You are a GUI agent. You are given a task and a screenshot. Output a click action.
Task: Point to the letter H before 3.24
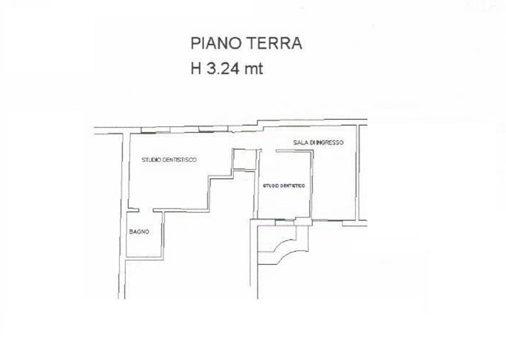(x=195, y=69)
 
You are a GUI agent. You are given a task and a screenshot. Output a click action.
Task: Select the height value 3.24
(x=222, y=69)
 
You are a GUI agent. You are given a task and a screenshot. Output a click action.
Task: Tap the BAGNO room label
(x=139, y=232)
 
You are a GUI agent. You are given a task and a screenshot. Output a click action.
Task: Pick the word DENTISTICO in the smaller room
(x=292, y=186)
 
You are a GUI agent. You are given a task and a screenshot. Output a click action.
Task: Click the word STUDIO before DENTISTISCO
(x=153, y=159)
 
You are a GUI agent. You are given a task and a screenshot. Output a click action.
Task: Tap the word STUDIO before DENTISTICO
(x=270, y=186)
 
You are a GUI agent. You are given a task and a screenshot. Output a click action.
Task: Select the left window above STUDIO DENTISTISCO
(x=148, y=131)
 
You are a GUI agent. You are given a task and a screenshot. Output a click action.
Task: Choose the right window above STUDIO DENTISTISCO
(x=209, y=128)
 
